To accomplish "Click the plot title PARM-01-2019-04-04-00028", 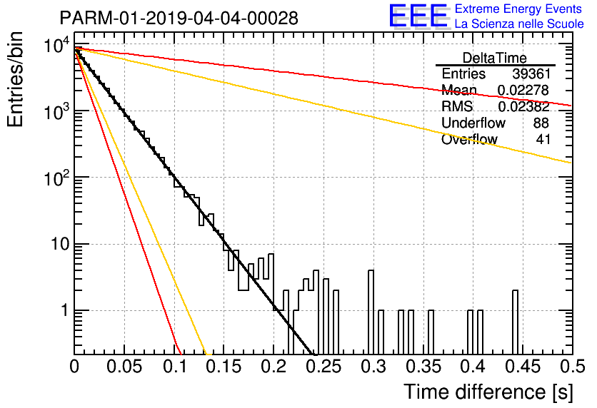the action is [x=179, y=18].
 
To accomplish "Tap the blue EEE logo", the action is [x=418, y=16].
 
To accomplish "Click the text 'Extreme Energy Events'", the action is [x=518, y=9].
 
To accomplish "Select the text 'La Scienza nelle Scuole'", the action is [x=519, y=24].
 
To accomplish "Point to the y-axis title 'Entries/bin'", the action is [x=15, y=79].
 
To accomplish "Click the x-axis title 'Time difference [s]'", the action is [x=488, y=392].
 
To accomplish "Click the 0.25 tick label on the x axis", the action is [x=323, y=367].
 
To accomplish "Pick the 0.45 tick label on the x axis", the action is [x=523, y=367].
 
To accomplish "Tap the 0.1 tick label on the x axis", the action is [x=175, y=367].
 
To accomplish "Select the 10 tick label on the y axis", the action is [x=60, y=244].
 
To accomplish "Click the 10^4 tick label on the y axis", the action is [x=57, y=46].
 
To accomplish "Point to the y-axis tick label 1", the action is [x=64, y=310].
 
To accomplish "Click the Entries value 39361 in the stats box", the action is [x=531, y=73].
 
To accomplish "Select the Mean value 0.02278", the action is [x=523, y=90].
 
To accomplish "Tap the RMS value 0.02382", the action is [x=523, y=106].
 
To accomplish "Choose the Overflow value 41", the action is [x=543, y=139].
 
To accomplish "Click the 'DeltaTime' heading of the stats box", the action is [x=495, y=58].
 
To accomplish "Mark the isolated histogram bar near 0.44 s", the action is [x=515, y=322].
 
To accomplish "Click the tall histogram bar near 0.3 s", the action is [x=371, y=312].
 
